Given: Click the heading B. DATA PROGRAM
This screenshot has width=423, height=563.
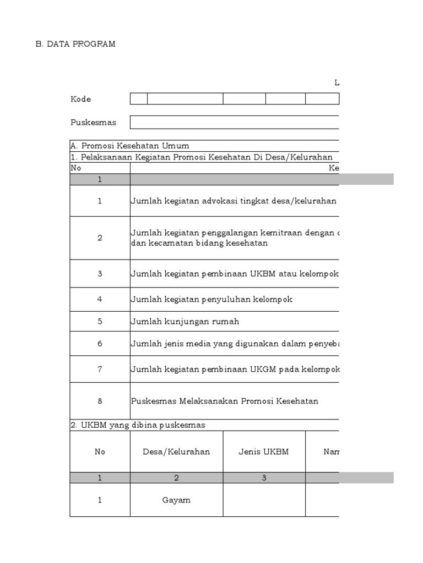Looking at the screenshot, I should [75, 44].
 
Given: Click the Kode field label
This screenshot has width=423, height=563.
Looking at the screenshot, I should [80, 99].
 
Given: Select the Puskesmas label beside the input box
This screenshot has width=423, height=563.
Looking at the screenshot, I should [93, 122].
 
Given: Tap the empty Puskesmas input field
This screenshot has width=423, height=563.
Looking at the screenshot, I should [234, 122].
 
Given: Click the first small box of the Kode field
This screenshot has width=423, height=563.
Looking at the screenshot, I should [138, 99].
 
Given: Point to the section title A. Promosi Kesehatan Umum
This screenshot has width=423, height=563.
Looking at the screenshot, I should [130, 146].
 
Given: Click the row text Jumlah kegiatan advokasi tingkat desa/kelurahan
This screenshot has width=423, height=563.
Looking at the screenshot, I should [234, 201].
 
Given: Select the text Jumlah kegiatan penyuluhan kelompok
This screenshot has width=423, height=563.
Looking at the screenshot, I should [211, 299].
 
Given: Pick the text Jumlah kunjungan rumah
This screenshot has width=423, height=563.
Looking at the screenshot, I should [185, 321].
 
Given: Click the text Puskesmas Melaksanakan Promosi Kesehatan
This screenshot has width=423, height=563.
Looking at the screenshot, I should [224, 401].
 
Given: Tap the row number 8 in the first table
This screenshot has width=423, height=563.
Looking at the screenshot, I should [100, 401].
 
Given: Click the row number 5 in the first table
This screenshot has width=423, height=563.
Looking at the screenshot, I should [100, 321].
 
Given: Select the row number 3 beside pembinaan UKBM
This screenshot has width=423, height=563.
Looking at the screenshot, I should [100, 273].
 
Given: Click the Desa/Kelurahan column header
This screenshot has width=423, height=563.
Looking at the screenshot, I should [176, 451].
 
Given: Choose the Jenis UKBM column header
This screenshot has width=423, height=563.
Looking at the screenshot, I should [264, 451].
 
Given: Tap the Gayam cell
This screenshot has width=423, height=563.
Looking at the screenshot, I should [176, 500].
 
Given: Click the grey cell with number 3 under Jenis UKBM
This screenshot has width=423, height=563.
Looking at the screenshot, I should [264, 478].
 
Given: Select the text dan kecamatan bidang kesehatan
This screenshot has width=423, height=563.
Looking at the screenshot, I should [199, 243].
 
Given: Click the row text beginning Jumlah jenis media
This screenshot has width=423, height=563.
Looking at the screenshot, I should [234, 343].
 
